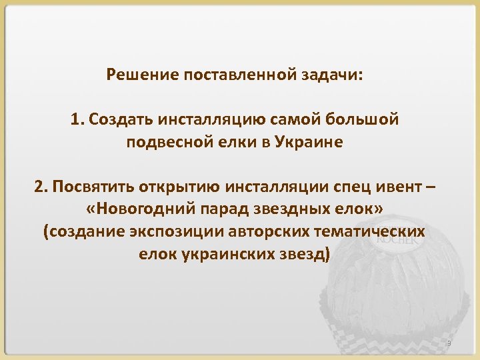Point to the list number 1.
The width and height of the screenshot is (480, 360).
point(76,119)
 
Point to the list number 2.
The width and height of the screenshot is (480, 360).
point(39,187)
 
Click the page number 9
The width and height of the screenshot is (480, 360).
point(449,343)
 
